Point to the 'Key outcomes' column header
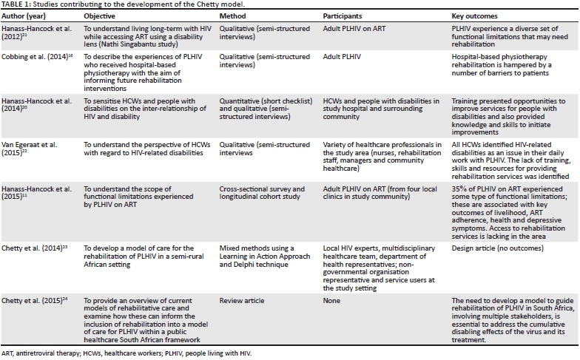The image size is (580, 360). (474, 15)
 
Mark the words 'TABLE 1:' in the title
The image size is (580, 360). (17, 4)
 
